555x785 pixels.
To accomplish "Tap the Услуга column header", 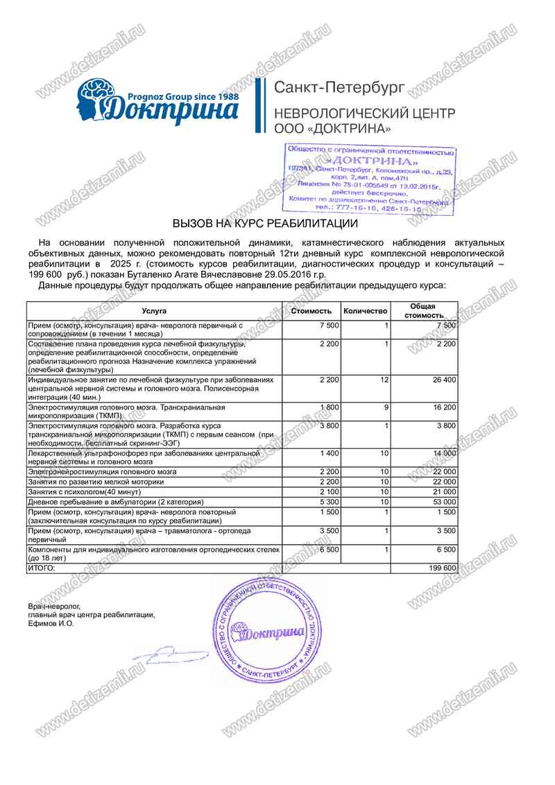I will point(154,311).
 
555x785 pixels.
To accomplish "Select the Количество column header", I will point(365,311).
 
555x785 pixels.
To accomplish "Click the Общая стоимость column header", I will point(422,311).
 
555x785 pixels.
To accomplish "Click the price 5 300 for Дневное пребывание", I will point(330,501).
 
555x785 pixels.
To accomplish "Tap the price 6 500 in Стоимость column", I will point(330,548).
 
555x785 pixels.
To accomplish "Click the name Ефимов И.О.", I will point(51,623).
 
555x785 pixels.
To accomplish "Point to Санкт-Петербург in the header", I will point(340,88).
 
